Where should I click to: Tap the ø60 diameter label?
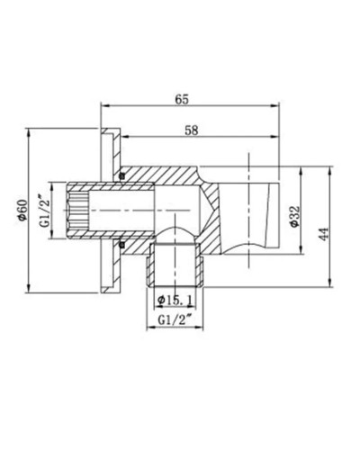(x=22, y=212)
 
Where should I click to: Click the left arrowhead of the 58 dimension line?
(x=122, y=139)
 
